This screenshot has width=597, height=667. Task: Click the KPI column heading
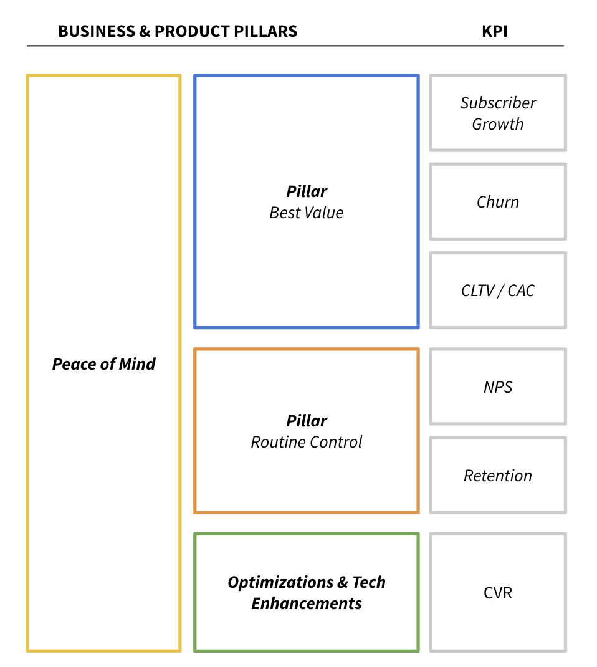(494, 31)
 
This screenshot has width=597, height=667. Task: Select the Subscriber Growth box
(498, 113)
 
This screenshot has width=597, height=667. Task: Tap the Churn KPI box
(498, 202)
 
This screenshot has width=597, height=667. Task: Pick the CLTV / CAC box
(498, 290)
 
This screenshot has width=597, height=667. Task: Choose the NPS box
(498, 387)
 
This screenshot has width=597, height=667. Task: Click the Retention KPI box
(498, 476)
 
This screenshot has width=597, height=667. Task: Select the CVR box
(498, 592)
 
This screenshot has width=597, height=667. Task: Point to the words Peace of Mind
(103, 364)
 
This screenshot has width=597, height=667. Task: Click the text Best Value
(307, 213)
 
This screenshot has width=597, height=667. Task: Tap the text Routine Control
(307, 442)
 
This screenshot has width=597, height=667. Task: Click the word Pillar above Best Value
(307, 191)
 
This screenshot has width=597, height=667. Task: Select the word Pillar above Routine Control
(307, 421)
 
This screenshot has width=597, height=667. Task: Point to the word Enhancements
(307, 603)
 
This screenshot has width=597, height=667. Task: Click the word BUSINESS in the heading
(96, 31)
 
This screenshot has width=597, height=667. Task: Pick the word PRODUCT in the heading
(188, 31)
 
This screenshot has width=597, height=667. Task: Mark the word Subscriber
(498, 103)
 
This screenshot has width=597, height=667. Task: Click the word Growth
(498, 124)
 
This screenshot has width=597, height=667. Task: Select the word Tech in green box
(369, 582)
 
